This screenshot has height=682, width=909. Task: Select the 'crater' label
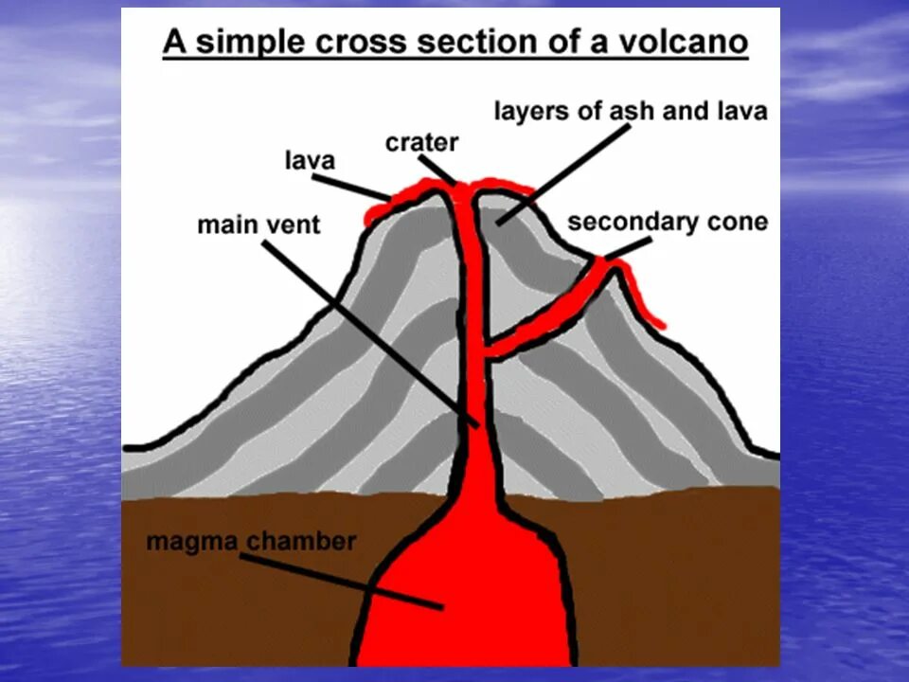[421, 143]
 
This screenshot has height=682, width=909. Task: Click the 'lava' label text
[310, 161]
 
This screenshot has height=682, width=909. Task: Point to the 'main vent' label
[258, 225]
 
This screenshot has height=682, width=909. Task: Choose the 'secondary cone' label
[668, 223]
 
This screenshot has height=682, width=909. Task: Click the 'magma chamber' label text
[251, 543]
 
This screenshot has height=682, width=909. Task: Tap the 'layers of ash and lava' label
[631, 112]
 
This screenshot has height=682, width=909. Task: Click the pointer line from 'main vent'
[369, 332]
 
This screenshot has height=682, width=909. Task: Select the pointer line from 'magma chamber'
[341, 580]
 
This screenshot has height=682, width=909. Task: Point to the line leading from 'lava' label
[351, 187]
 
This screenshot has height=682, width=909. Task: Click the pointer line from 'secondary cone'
[628, 247]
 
